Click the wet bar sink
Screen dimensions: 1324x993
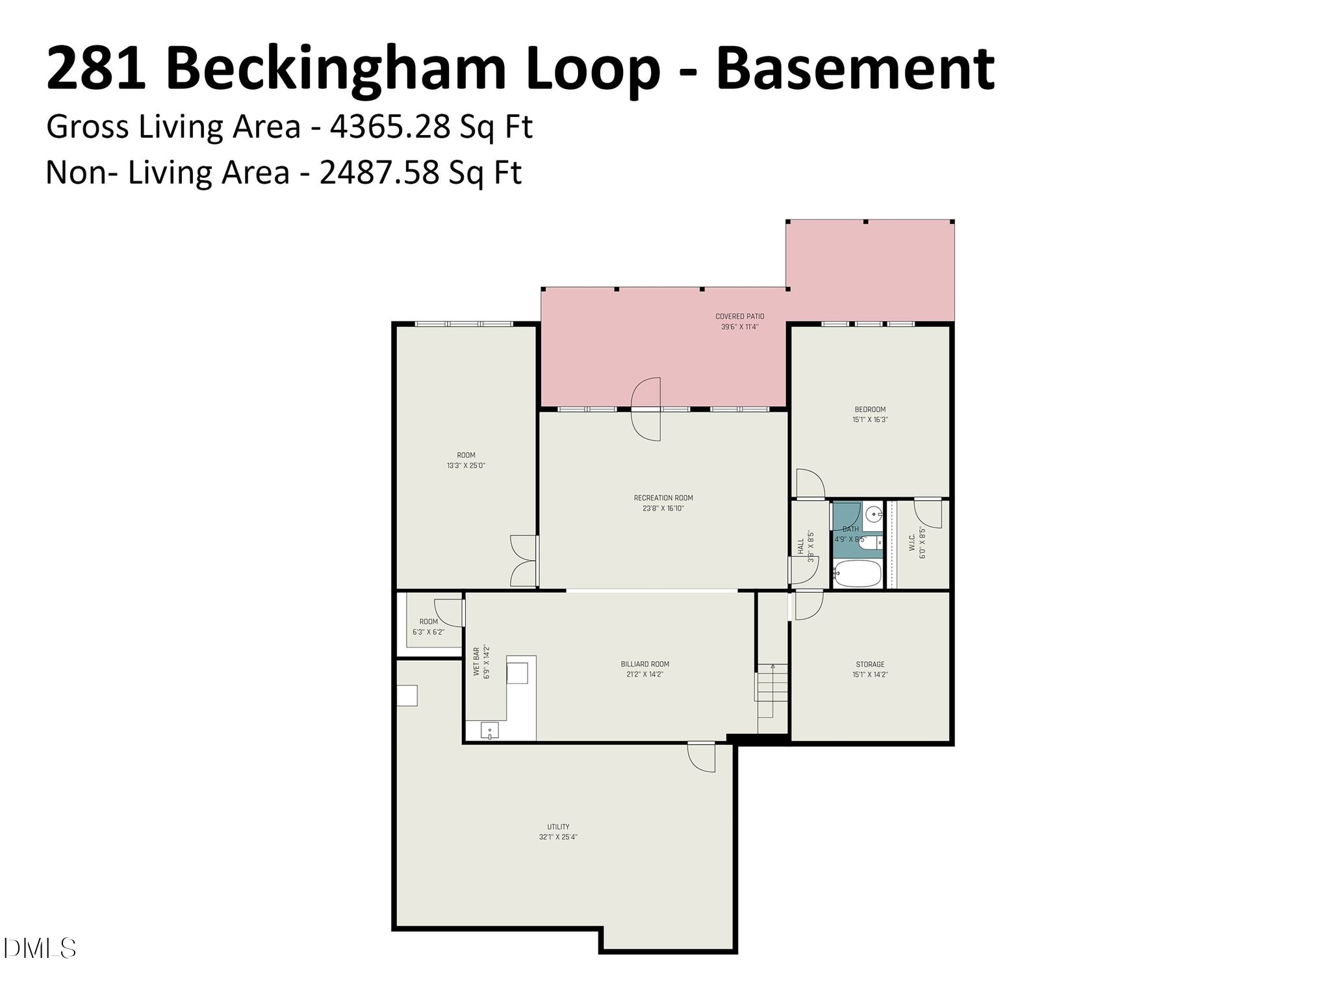(489, 731)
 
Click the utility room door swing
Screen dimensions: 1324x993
(702, 757)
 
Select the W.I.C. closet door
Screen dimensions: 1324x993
(928, 513)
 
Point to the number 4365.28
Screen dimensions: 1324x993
(390, 127)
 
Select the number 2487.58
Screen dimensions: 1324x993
(379, 173)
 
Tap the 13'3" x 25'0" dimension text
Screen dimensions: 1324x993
(466, 466)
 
